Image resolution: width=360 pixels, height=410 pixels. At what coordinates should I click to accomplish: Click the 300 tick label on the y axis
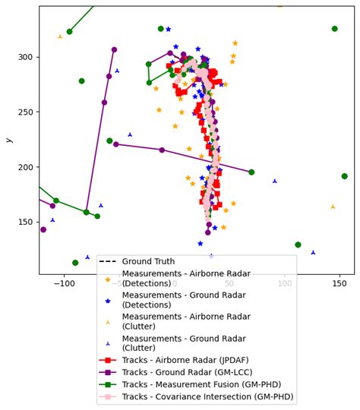(x=26, y=58)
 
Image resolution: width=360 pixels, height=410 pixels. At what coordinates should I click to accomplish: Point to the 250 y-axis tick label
(x=26, y=112)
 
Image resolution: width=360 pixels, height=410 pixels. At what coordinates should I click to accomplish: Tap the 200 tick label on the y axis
(x=26, y=167)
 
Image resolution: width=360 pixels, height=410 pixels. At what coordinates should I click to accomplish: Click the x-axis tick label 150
(x=339, y=283)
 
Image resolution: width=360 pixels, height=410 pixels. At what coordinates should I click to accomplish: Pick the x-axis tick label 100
(x=285, y=283)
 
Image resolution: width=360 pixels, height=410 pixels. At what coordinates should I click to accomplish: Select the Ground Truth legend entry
(x=148, y=262)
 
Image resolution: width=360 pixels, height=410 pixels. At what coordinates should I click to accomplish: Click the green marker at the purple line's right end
(x=251, y=172)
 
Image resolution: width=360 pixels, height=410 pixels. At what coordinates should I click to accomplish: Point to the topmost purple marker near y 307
(x=114, y=50)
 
